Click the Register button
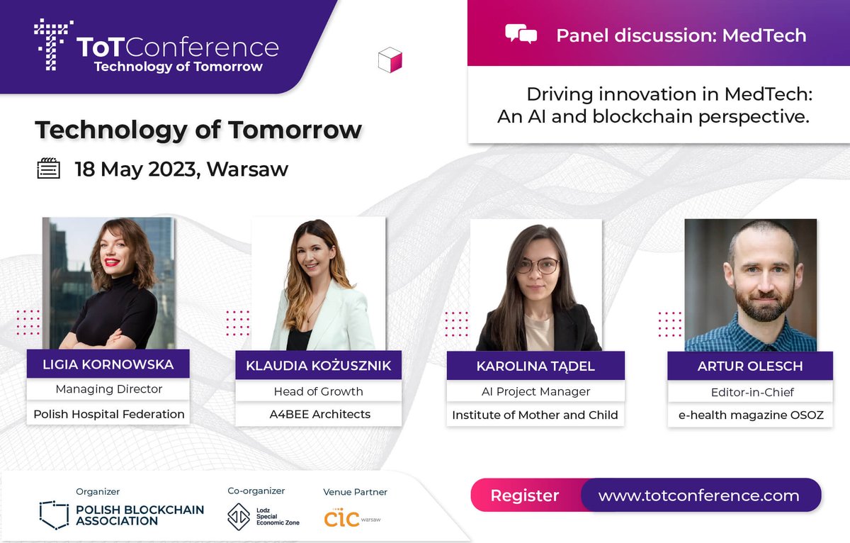(x=525, y=496)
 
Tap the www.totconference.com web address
(x=698, y=496)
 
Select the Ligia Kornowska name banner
(x=108, y=365)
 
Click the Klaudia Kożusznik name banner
(x=318, y=366)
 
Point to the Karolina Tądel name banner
(x=535, y=366)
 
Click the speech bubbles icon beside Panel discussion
(x=521, y=34)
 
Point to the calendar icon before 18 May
(x=48, y=169)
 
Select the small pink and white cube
(x=390, y=60)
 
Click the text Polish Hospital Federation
(x=108, y=414)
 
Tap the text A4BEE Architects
(x=320, y=414)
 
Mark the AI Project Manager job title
(x=535, y=391)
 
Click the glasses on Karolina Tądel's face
(x=538, y=267)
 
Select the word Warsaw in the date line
(x=247, y=169)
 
